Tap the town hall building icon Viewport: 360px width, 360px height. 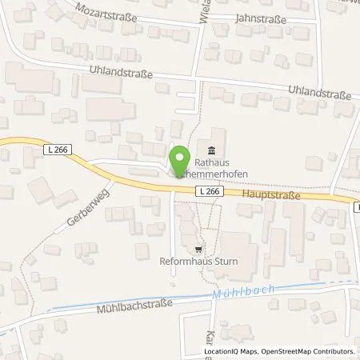(x=211, y=152)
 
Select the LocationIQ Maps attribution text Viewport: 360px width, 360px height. (x=230, y=351)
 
